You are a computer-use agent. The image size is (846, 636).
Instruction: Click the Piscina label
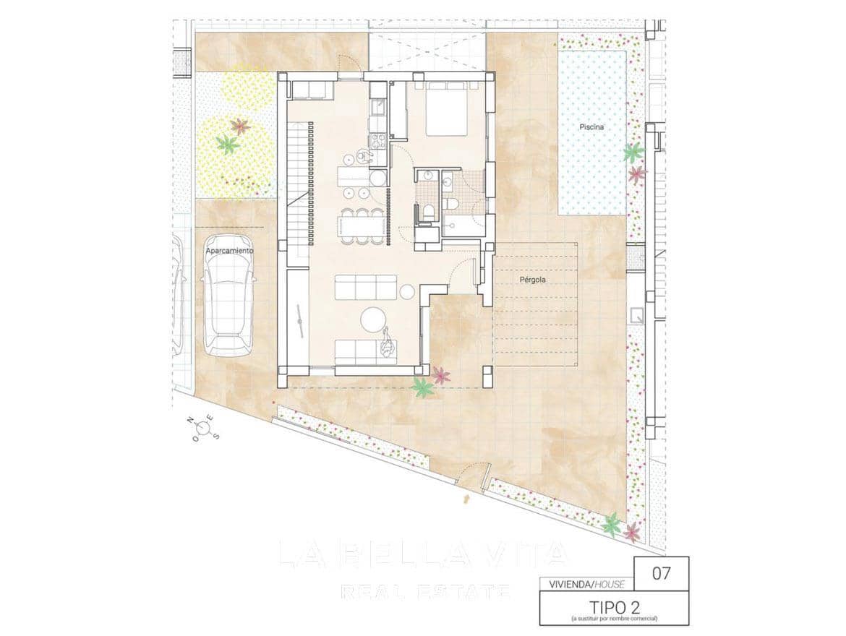tap(591, 127)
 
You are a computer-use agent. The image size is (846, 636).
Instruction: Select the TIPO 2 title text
tap(614, 606)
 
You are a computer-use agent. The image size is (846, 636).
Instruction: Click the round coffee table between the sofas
tap(375, 319)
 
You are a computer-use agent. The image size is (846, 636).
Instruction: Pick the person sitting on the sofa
tap(388, 343)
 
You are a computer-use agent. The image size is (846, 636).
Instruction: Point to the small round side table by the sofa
tap(407, 291)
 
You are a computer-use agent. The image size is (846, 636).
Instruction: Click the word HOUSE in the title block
tap(613, 583)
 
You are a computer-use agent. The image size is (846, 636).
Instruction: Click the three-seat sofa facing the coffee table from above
tap(365, 288)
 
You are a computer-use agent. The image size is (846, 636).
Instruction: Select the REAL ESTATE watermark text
tap(425, 592)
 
